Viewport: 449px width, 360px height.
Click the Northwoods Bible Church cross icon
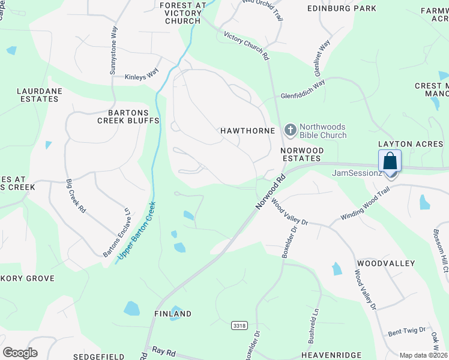(291, 130)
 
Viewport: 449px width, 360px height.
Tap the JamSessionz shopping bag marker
(390, 162)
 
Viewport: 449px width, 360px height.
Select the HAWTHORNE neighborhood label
(247, 130)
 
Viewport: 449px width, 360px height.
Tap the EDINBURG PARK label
(342, 8)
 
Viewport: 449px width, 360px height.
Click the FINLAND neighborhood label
(172, 314)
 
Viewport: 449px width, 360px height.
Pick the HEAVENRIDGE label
(325, 355)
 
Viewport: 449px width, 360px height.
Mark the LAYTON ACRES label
(410, 144)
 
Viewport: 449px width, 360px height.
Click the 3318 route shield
(239, 325)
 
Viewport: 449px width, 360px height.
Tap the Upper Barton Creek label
(137, 230)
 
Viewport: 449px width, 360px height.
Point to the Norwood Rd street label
(268, 193)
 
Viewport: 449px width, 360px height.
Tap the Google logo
(20, 353)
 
